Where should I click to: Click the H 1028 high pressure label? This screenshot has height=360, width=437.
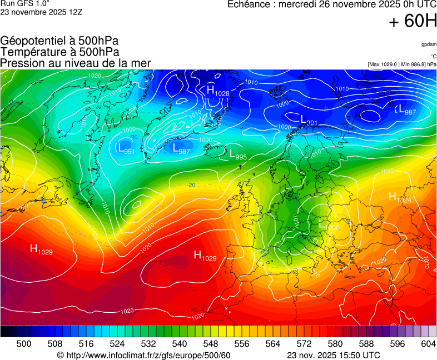[x=217, y=91]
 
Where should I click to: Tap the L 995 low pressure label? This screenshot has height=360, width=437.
[x=237, y=156]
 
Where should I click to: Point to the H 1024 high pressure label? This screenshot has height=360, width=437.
[x=399, y=197]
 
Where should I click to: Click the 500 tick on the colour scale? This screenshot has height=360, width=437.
[x=24, y=344]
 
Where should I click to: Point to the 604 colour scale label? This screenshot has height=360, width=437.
[x=428, y=344]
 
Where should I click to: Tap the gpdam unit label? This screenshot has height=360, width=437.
[x=428, y=44]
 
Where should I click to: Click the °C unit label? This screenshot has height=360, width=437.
[x=433, y=56]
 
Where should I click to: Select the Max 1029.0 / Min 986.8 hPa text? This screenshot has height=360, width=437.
[x=402, y=64]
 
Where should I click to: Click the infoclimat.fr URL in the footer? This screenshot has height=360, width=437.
[x=143, y=355]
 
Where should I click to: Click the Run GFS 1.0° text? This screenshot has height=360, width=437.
[x=25, y=3]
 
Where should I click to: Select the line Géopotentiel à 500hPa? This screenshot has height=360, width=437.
[x=59, y=41]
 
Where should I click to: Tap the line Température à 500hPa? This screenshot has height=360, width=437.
[x=59, y=52]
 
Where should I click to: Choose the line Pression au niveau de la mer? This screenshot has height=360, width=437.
[x=76, y=63]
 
